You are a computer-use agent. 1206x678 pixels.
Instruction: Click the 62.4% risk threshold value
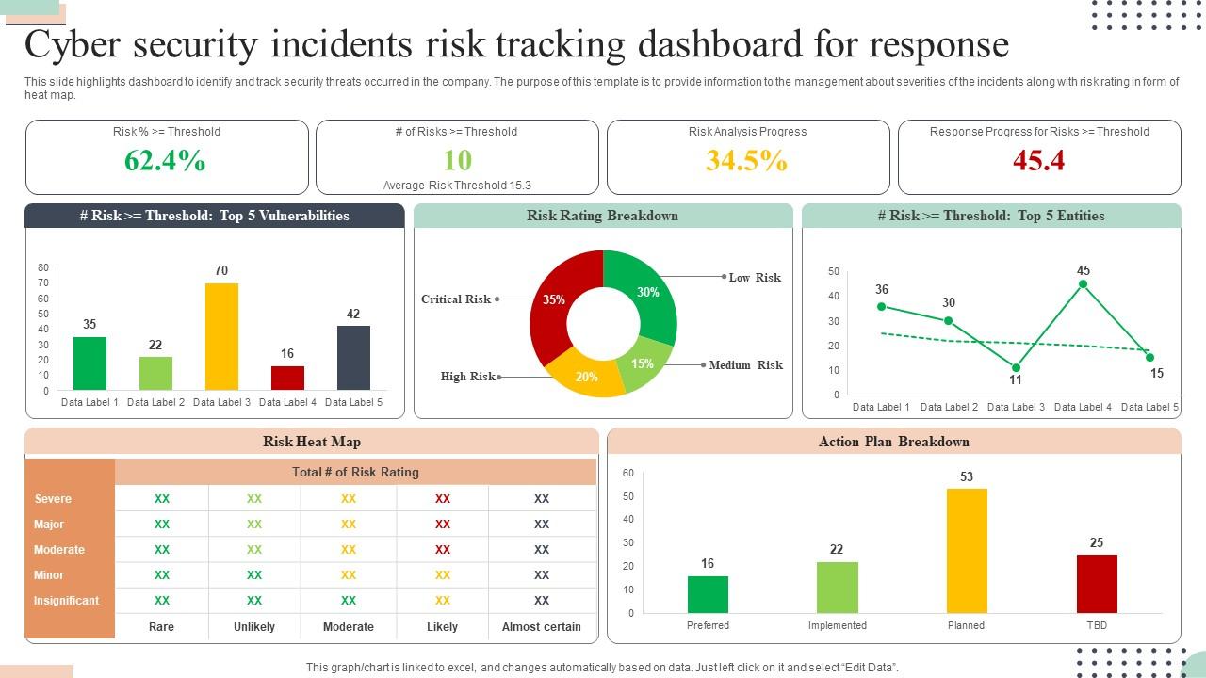pyautogui.click(x=165, y=161)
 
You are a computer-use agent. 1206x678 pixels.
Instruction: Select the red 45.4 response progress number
pyautogui.click(x=1038, y=161)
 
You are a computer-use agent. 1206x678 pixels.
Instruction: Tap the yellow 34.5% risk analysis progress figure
pyautogui.click(x=746, y=161)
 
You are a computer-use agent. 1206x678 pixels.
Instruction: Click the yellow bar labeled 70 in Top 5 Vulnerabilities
pyautogui.click(x=221, y=336)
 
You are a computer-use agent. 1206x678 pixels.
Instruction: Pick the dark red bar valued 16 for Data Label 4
pyautogui.click(x=287, y=378)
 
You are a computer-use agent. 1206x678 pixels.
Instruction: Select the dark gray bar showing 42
pyautogui.click(x=353, y=358)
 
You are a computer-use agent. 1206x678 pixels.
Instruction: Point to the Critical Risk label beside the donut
pyautogui.click(x=456, y=299)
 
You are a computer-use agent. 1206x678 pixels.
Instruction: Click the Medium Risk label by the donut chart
pyautogui.click(x=745, y=365)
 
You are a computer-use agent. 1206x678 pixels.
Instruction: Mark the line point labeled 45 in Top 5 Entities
pyautogui.click(x=1084, y=283)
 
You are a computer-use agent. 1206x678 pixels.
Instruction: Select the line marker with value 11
pyautogui.click(x=1016, y=368)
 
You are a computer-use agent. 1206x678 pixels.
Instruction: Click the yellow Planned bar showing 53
pyautogui.click(x=967, y=551)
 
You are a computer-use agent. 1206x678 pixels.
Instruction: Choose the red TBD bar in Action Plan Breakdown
pyautogui.click(x=1097, y=584)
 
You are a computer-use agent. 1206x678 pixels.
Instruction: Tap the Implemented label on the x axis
pyautogui.click(x=837, y=625)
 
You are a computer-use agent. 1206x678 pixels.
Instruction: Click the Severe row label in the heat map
pyautogui.click(x=53, y=499)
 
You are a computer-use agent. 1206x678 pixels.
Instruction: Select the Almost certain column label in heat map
pyautogui.click(x=542, y=627)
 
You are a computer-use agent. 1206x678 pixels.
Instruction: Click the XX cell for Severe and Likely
pyautogui.click(x=443, y=499)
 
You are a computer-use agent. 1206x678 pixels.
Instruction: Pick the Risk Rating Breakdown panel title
pyautogui.click(x=602, y=216)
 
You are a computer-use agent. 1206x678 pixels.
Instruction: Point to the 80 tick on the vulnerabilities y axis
pyautogui.click(x=43, y=268)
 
